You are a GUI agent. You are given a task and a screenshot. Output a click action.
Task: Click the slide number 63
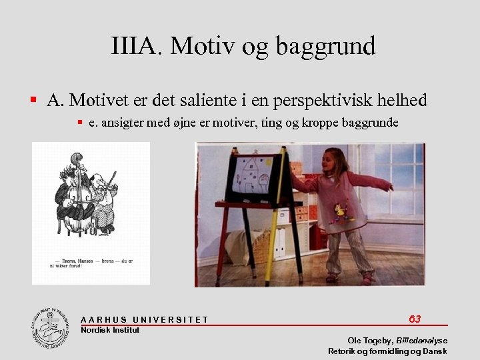pos(415,319)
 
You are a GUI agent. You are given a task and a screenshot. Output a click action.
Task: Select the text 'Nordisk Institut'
pos(110,330)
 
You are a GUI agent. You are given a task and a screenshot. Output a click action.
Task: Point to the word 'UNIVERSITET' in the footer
pos(171,320)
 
